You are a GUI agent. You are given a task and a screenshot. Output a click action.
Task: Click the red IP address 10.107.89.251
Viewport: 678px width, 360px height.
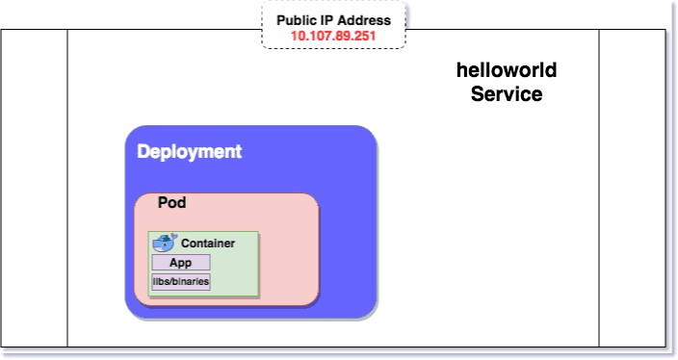click(x=333, y=36)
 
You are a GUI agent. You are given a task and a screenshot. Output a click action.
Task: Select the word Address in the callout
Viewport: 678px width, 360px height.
click(x=366, y=20)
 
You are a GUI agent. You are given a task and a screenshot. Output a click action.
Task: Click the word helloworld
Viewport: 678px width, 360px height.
click(x=507, y=71)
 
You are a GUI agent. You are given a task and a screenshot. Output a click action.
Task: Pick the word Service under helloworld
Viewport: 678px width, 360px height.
click(x=507, y=94)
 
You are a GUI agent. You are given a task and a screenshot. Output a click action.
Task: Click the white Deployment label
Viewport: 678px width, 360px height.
click(x=189, y=152)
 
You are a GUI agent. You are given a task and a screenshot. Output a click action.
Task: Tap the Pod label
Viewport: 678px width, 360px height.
click(x=171, y=204)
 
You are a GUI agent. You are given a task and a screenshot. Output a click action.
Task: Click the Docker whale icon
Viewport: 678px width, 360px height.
click(x=165, y=243)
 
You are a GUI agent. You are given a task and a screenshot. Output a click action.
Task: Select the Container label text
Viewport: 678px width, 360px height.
click(x=208, y=244)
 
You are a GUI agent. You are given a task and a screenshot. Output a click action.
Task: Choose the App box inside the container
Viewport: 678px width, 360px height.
click(x=180, y=263)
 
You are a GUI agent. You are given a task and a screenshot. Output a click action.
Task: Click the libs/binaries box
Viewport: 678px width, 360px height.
click(x=180, y=281)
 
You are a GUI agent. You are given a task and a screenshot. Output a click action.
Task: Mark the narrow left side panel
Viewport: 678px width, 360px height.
click(x=34, y=188)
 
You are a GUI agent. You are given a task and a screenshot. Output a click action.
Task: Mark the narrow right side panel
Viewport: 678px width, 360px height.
click(x=632, y=188)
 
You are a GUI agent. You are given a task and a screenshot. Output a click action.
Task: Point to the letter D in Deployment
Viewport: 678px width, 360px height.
click(x=143, y=152)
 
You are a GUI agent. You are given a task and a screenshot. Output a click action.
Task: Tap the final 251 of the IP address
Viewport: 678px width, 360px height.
click(x=363, y=36)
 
